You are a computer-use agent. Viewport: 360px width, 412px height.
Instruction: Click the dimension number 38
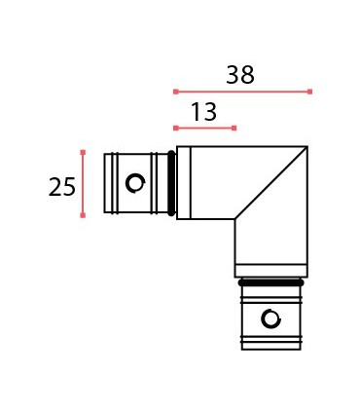(x=240, y=75)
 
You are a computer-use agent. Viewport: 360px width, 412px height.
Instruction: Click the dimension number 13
(x=203, y=112)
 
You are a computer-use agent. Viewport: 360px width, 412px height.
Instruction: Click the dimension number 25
(x=61, y=186)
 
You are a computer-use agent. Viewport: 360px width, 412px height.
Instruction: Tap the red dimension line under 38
(x=242, y=92)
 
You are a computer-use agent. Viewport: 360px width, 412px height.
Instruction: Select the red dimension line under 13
(x=204, y=128)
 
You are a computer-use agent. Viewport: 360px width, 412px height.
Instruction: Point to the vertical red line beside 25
(x=83, y=183)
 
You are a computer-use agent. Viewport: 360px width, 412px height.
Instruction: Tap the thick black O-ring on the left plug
(x=172, y=182)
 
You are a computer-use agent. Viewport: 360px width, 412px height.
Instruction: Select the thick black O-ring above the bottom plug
(x=270, y=281)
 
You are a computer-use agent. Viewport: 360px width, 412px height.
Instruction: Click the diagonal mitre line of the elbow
(x=271, y=182)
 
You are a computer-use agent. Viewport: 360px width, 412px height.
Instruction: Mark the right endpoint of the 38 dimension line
(x=309, y=92)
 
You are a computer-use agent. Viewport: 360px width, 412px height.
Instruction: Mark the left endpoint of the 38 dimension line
(x=175, y=92)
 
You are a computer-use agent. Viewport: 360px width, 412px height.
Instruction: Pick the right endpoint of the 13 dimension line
(x=234, y=128)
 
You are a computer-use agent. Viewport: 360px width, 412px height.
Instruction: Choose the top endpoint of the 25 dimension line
(x=83, y=151)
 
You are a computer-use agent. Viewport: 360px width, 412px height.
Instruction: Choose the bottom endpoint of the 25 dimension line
(x=83, y=215)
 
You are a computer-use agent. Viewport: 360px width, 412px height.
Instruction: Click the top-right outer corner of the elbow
(x=307, y=147)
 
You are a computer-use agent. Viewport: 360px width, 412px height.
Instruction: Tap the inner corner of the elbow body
(x=234, y=218)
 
